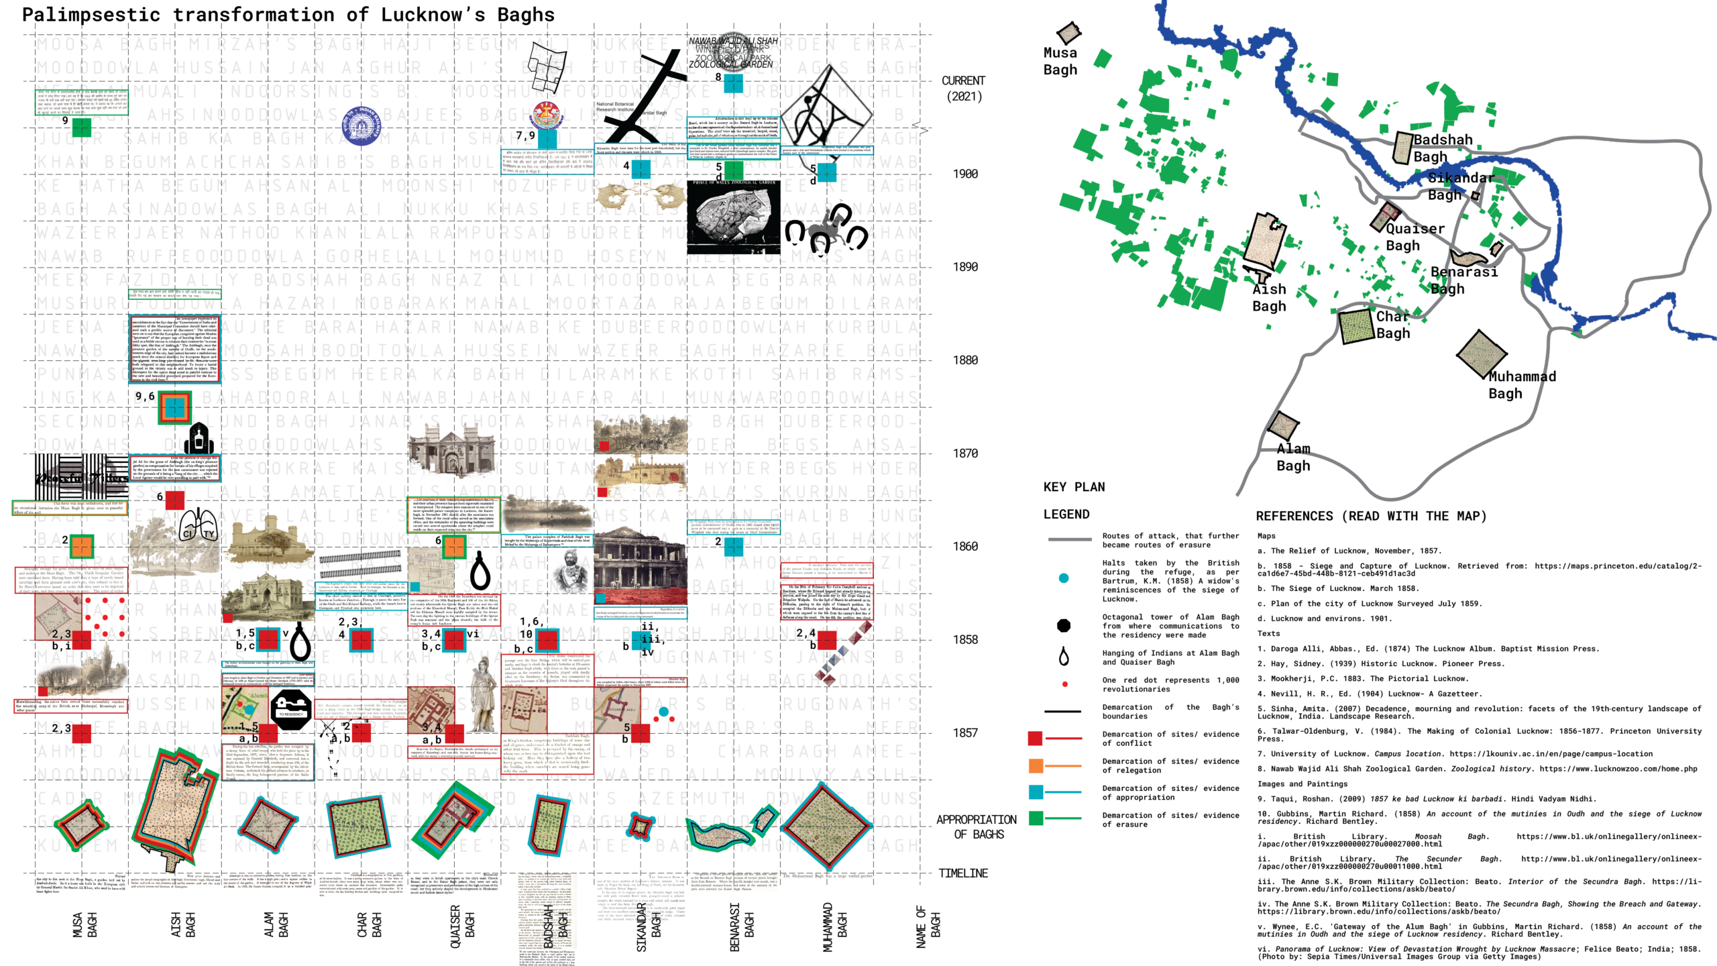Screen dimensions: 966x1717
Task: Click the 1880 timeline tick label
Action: tap(965, 360)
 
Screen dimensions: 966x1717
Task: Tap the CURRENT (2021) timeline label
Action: tap(964, 88)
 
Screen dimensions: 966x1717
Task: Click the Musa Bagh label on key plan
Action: tap(1060, 61)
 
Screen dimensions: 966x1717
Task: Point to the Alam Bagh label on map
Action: tap(1292, 457)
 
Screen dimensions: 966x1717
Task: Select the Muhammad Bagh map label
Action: tap(1521, 385)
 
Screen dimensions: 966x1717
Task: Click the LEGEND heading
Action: tap(1066, 515)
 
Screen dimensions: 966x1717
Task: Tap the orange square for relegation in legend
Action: tap(1036, 765)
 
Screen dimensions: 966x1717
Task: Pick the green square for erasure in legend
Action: tap(1036, 818)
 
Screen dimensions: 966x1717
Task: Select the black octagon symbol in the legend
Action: tap(1064, 626)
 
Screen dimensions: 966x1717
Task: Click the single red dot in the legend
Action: tap(1064, 684)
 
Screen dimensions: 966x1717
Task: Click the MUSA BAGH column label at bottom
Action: tap(85, 924)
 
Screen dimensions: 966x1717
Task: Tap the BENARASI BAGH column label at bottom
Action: tap(741, 926)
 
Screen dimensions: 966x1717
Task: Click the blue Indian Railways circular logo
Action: tap(361, 125)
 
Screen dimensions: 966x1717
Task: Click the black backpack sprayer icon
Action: tap(199, 439)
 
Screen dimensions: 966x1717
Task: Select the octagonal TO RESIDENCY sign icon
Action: tap(290, 709)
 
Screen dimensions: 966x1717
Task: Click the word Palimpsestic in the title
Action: tap(91, 15)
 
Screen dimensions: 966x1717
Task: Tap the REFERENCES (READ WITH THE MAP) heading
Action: tap(1371, 516)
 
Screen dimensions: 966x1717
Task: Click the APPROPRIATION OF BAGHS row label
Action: tap(977, 826)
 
